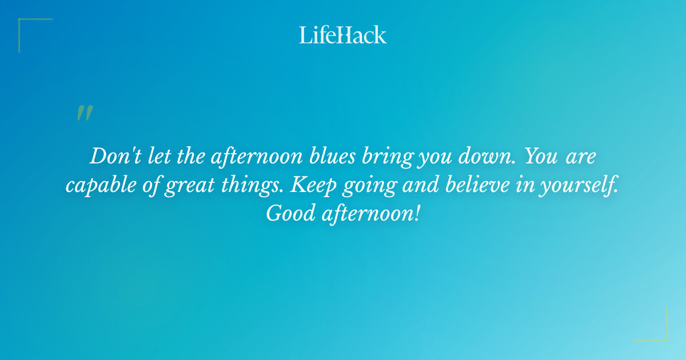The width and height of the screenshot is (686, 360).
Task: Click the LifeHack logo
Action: [x=343, y=35]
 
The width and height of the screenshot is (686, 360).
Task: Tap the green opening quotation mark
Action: [x=84, y=113]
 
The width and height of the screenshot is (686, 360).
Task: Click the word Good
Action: [x=289, y=214]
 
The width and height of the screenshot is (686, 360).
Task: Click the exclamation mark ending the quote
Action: [x=417, y=214]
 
